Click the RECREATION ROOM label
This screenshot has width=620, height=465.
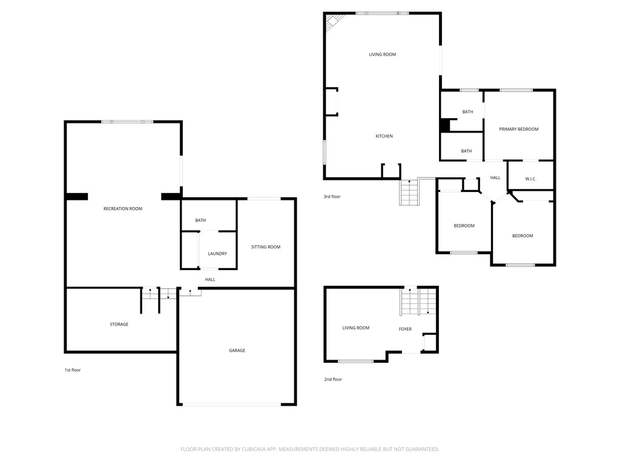pos(123,209)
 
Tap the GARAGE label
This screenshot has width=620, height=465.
pos(237,351)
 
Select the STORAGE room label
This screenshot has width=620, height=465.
pos(119,325)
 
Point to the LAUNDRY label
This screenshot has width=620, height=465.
pos(217,254)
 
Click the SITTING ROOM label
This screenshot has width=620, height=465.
pos(266,247)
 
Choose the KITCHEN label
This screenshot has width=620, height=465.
pos(384,136)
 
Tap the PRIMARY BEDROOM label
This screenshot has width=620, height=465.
pos(518,129)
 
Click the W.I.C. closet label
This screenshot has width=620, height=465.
pos(530,179)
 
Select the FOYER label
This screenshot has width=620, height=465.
pos(405,329)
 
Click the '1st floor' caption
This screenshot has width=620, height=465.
pos(73,370)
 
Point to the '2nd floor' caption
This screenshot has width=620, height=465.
pos(333,380)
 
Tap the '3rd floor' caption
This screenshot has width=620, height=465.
pos(332,197)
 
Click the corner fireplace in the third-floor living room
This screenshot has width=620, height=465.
pos(333,22)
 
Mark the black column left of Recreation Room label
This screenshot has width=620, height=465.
pos(77,196)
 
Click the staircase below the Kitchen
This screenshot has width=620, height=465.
pos(409,193)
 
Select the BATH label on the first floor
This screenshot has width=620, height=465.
pos(200,220)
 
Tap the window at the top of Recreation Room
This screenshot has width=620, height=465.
pos(127,122)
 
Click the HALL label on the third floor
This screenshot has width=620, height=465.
pos(495,177)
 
